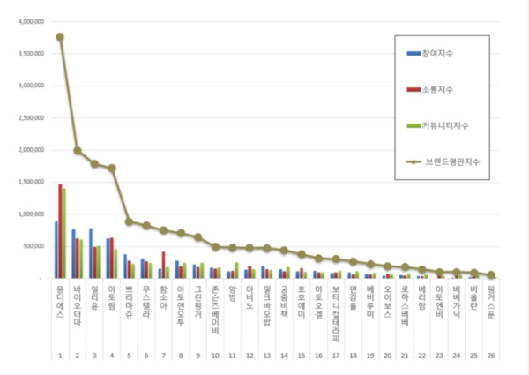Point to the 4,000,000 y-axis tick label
[30, 21]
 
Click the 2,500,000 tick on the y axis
[30, 117]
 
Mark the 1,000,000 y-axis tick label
[30, 214]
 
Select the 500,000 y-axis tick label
[34, 246]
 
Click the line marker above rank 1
[59, 37]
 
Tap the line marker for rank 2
[77, 150]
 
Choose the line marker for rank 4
[112, 168]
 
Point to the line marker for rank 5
[129, 221]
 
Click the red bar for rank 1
[60, 231]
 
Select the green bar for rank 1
[64, 233]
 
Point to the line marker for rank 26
[490, 275]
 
